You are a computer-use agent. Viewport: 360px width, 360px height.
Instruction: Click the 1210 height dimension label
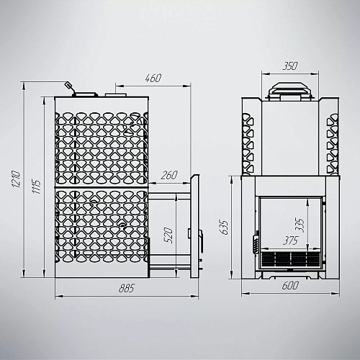point(17,179)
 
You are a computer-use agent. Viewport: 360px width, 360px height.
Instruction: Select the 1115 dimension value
point(36,186)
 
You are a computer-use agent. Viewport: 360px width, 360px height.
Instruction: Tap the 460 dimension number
point(153,78)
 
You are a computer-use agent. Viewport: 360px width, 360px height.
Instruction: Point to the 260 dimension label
point(169,175)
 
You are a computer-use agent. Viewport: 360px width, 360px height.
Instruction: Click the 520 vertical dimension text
point(169,235)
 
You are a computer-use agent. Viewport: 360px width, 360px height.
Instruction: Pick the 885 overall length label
point(127,288)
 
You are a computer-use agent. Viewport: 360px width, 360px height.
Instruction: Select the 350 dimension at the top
point(290,66)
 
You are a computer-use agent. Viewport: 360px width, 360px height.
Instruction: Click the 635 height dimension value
point(223,227)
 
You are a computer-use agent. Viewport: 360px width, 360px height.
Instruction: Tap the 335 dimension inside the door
point(300,225)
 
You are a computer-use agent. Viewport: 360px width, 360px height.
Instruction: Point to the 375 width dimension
point(290,240)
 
